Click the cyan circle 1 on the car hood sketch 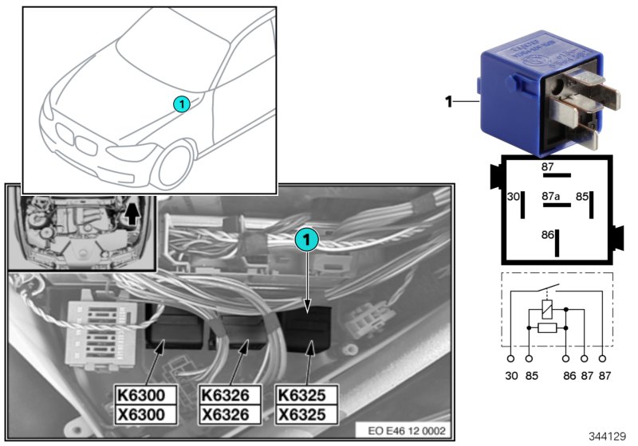[x=182, y=104]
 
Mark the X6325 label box [x=306, y=414]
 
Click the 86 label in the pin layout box [x=546, y=237]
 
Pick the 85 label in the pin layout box [x=582, y=194]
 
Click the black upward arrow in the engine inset [x=132, y=213]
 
